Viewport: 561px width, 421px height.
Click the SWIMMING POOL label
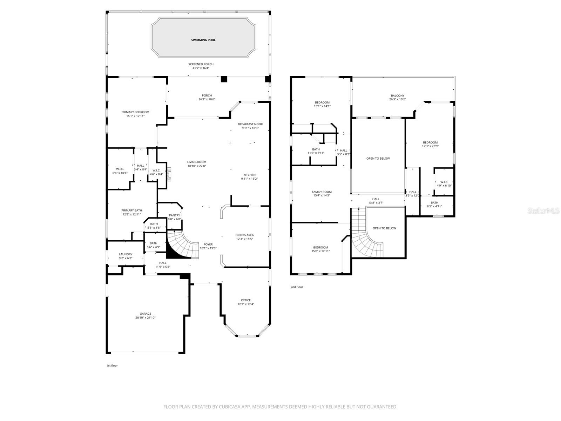(203, 40)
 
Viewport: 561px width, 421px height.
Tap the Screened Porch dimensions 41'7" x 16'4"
(201, 68)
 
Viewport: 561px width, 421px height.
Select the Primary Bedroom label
(135, 112)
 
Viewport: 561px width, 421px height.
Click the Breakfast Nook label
(250, 124)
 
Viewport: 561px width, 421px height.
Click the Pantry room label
(174, 215)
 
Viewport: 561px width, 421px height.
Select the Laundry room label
(126, 254)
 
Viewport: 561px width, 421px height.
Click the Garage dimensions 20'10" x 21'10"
(146, 318)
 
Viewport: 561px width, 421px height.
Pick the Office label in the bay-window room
(246, 300)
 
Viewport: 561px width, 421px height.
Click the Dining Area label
(244, 235)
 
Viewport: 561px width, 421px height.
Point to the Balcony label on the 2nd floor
(398, 95)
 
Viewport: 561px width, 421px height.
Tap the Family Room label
(322, 192)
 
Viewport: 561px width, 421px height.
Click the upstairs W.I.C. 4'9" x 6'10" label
(444, 182)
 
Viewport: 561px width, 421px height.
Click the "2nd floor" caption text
(297, 287)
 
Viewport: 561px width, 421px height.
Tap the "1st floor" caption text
(112, 366)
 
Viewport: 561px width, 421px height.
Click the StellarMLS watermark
(543, 210)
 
